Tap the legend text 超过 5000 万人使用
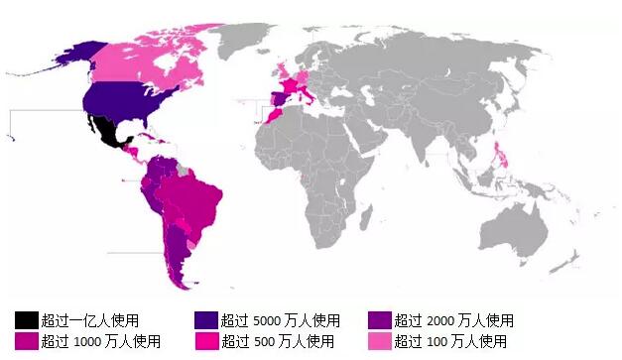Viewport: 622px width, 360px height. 281,320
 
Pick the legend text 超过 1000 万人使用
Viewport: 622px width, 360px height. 100,341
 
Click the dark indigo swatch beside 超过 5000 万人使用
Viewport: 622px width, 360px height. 206,320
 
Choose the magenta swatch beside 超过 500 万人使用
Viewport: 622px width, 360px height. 206,341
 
